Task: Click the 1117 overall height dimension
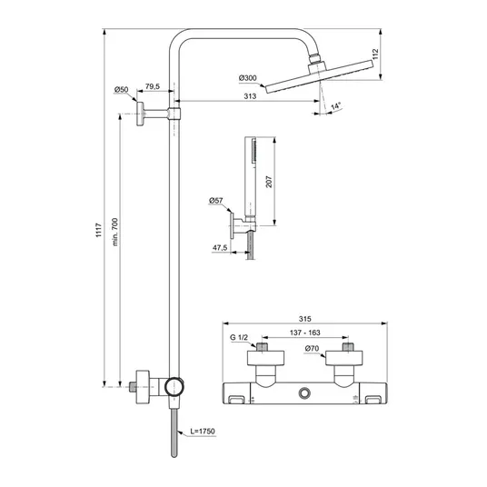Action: pyautogui.click(x=99, y=230)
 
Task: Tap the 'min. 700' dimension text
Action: pyautogui.click(x=115, y=232)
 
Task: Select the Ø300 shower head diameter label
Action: pyautogui.click(x=248, y=78)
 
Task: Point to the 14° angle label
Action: pyautogui.click(x=336, y=106)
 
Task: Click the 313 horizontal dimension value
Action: pyautogui.click(x=250, y=96)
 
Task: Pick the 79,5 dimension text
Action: pyautogui.click(x=153, y=86)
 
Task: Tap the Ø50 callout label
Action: pyautogui.click(x=121, y=89)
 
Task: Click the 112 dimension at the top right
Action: pyautogui.click(x=375, y=54)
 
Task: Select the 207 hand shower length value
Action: pyautogui.click(x=269, y=182)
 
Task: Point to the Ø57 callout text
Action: pyautogui.click(x=216, y=201)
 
